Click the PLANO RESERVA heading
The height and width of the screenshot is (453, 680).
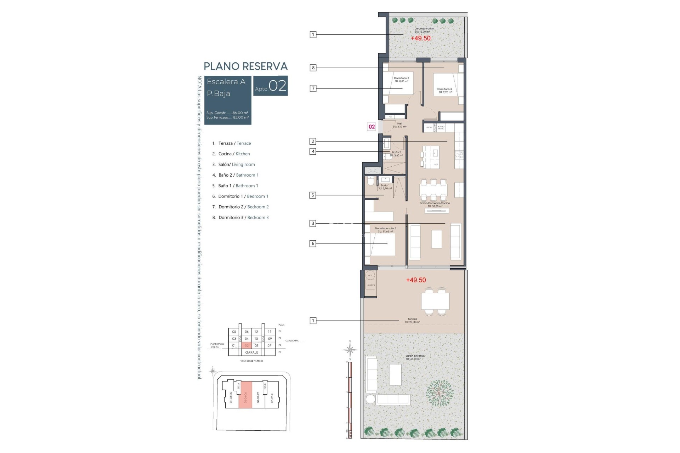[x=245, y=66]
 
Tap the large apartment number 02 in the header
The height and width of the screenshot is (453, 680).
[x=277, y=86]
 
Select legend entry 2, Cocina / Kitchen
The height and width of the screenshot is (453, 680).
[x=231, y=154]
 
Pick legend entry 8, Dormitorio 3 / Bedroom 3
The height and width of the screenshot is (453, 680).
[x=241, y=218]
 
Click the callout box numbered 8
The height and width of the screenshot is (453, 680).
[x=313, y=68]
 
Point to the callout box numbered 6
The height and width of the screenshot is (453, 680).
[x=313, y=243]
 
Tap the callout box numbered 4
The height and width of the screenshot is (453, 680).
[x=313, y=151]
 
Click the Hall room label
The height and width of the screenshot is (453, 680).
[x=399, y=125]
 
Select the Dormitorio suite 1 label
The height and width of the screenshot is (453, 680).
[x=385, y=230]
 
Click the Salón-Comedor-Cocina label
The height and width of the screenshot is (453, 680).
[x=435, y=205]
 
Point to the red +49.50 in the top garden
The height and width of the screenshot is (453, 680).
[x=420, y=38]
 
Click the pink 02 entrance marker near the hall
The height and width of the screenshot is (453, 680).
[x=372, y=127]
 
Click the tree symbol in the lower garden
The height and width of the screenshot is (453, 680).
[x=439, y=393]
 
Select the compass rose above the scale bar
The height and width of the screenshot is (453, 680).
[x=350, y=350]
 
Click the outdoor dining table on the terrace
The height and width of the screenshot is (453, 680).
[x=435, y=301]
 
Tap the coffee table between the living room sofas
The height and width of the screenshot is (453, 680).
[x=436, y=239]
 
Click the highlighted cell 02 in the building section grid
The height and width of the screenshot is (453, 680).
[x=247, y=345]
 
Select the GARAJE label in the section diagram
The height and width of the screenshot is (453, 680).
[x=252, y=352]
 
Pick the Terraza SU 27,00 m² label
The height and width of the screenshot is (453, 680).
[x=412, y=320]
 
